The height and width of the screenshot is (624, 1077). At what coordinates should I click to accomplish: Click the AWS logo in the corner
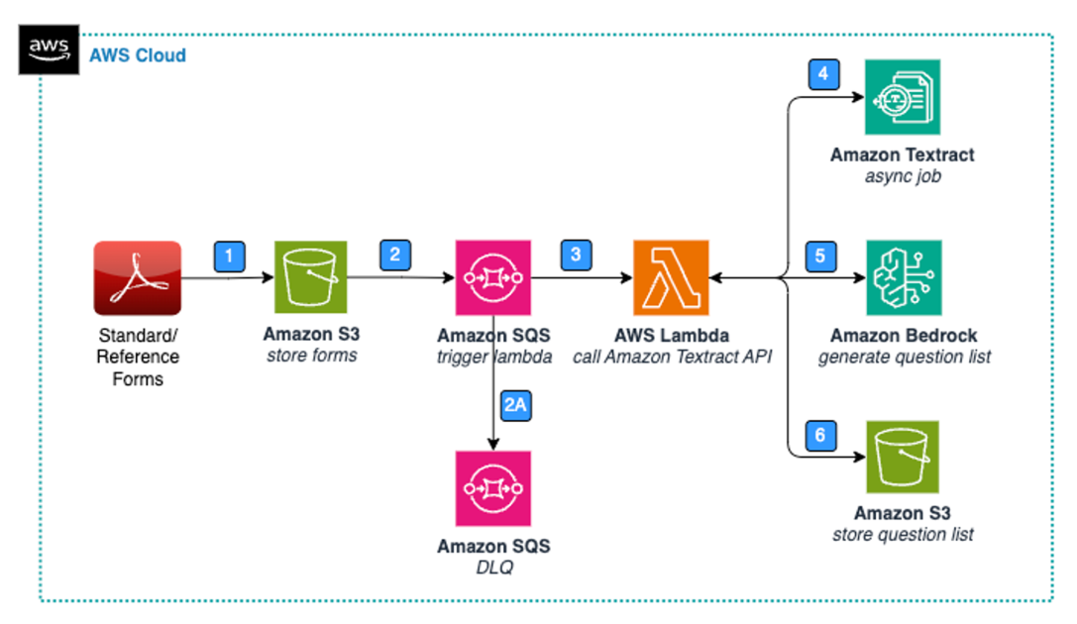(x=48, y=49)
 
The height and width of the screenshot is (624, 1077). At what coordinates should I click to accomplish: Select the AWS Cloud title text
(x=137, y=55)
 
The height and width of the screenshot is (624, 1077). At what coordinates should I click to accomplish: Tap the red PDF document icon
(x=138, y=278)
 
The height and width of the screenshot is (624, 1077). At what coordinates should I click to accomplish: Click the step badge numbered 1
(x=230, y=257)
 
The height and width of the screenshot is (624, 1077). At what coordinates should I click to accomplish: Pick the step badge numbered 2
(x=395, y=254)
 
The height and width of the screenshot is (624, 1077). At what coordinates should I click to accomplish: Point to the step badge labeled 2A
(x=516, y=406)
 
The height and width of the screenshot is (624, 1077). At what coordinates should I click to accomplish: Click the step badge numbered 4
(x=822, y=75)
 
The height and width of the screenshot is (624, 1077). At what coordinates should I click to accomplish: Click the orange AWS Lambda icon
(x=671, y=278)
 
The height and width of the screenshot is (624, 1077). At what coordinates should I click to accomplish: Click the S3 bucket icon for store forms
(x=310, y=278)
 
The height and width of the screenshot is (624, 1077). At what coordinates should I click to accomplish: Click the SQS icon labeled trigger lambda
(x=493, y=278)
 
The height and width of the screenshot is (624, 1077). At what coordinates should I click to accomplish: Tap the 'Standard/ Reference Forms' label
(x=138, y=356)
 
